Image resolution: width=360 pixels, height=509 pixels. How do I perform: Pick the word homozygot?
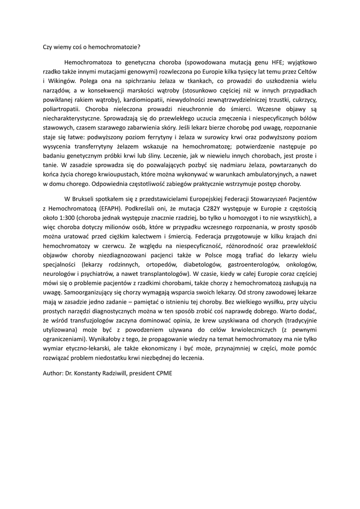coord(232,218)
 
